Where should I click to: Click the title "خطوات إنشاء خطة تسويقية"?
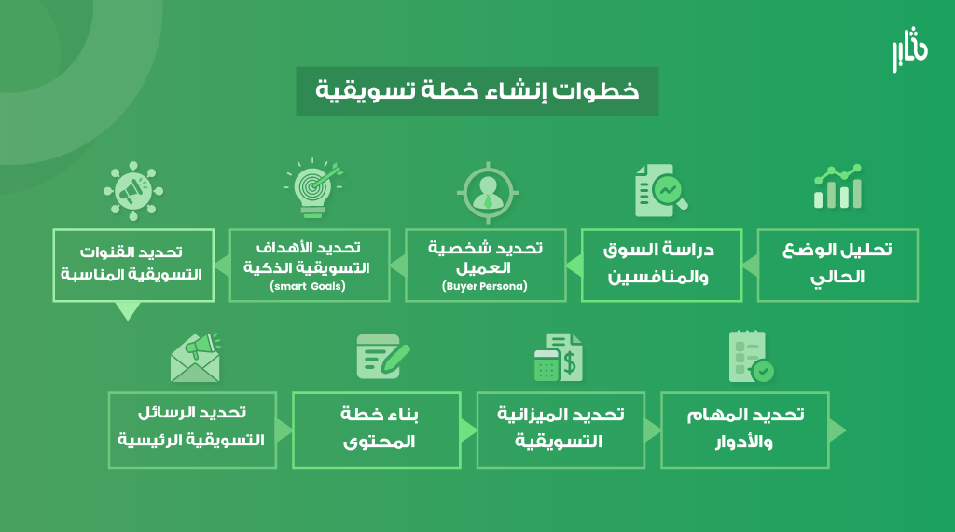[477, 90]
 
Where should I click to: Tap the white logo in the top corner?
[910, 49]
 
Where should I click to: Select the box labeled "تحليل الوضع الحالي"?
[837, 266]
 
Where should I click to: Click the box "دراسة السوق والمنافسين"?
[661, 266]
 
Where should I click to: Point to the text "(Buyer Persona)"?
[485, 286]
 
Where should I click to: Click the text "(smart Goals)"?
[308, 286]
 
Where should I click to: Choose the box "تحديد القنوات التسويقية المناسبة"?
[133, 266]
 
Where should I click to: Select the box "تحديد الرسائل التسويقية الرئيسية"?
[192, 430]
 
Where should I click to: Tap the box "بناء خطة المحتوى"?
[377, 430]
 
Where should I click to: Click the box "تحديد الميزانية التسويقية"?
[561, 430]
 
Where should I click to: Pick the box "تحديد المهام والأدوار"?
[745, 430]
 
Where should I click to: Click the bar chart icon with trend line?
[838, 187]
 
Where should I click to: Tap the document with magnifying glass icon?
[661, 190]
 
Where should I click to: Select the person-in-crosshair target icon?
[488, 192]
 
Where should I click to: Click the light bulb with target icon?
[313, 188]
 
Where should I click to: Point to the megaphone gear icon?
[133, 191]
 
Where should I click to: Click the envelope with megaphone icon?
[196, 358]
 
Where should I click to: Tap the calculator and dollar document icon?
[559, 357]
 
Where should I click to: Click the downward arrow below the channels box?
[128, 310]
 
